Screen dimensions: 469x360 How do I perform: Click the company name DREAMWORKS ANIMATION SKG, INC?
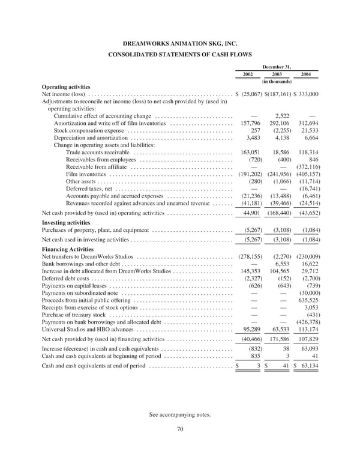point(180,44)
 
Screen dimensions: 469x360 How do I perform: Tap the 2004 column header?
point(306,74)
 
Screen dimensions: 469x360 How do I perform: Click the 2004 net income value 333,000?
point(307,94)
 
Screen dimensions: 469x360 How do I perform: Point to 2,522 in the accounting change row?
point(282,116)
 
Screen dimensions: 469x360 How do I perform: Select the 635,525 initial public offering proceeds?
point(307,300)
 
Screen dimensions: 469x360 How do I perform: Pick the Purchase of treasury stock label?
point(74,315)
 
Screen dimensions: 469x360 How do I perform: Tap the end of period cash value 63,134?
point(308,366)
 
